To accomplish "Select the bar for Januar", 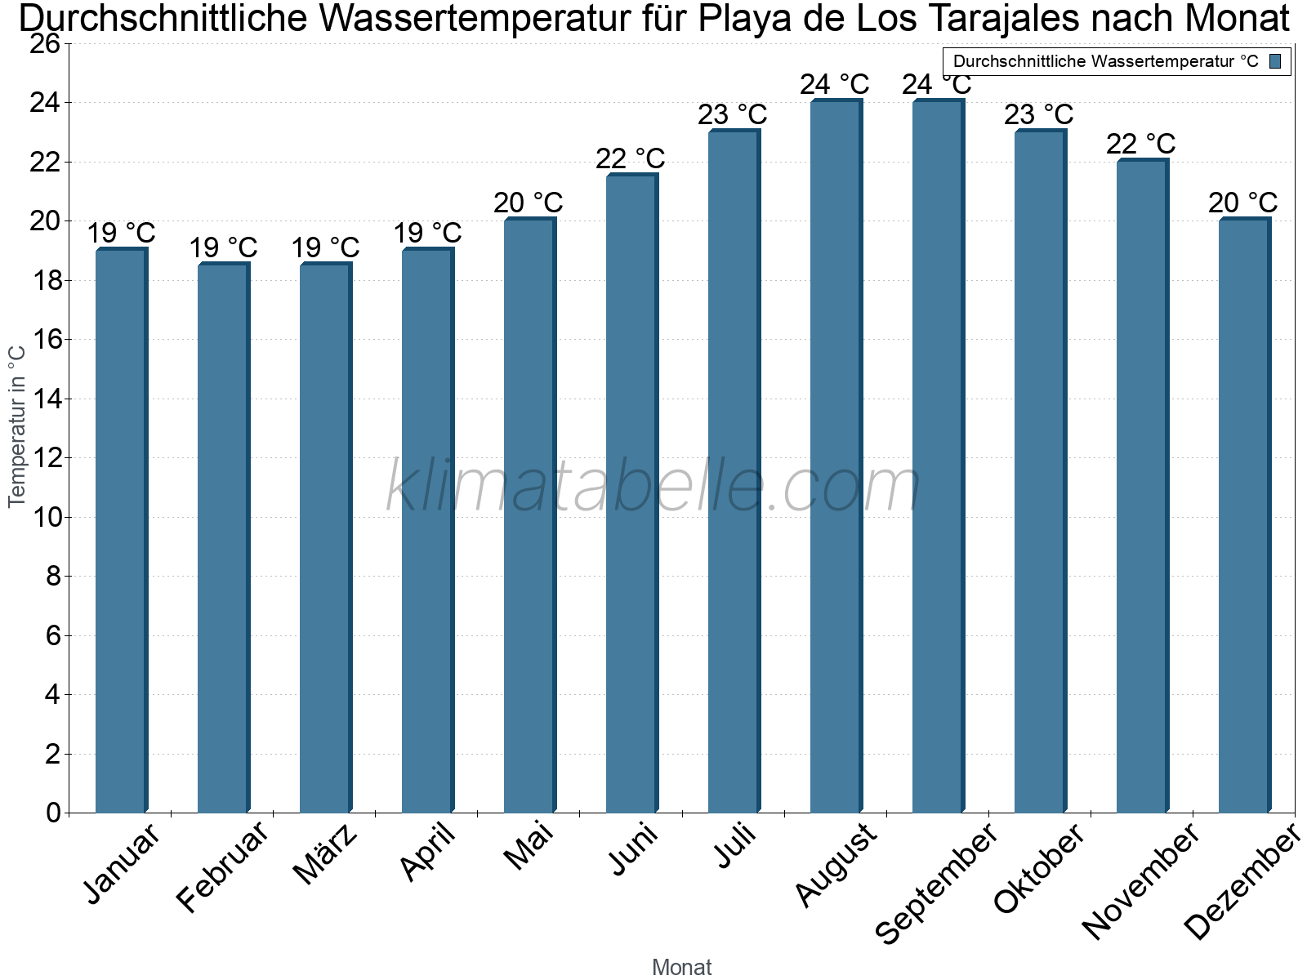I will [x=121, y=531].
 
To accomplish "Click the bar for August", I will [x=836, y=457].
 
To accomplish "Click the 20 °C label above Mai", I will [x=529, y=203].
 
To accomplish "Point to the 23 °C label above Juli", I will [x=733, y=114].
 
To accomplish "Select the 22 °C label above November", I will [x=1141, y=144].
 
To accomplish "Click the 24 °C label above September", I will [x=937, y=84].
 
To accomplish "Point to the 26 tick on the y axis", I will [x=45, y=44].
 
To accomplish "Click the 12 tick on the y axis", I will [x=45, y=458].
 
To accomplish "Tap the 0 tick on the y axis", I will [x=53, y=813].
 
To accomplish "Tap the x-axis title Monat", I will [x=681, y=967].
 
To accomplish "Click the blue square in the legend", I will [x=1275, y=61].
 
